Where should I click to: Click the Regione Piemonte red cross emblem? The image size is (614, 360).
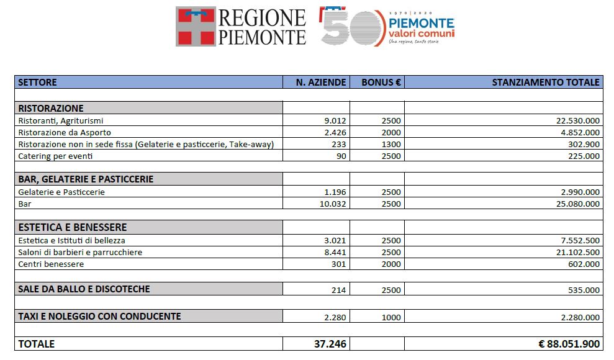196,27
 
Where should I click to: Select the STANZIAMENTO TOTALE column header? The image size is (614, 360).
546,82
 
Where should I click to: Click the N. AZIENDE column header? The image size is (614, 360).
322,82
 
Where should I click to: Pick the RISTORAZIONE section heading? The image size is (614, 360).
51,108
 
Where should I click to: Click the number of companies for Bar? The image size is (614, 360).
333,204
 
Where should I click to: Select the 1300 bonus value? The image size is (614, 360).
391,144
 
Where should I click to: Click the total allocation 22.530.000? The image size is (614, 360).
578,120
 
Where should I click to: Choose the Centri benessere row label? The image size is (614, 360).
51,264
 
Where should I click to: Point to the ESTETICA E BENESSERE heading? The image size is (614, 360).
73,227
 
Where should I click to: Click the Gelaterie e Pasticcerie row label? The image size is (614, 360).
61,192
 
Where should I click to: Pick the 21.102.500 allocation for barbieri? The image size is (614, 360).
578,252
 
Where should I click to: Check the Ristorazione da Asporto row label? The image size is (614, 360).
65,132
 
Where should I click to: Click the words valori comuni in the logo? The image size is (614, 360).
422,33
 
